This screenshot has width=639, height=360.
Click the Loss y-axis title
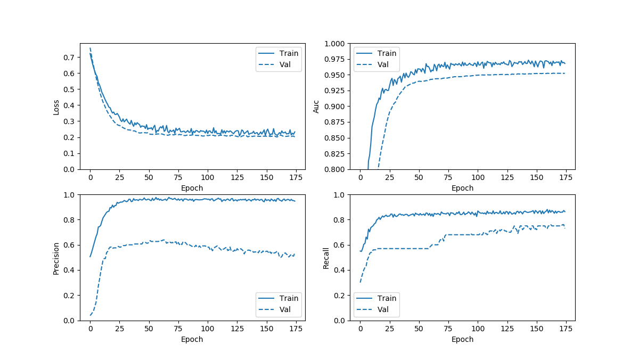[x=56, y=107]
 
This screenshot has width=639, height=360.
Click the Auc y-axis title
[x=316, y=107]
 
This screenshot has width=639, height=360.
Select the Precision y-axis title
[x=56, y=258]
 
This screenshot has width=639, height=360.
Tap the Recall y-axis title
[x=326, y=258]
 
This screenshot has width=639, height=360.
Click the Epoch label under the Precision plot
[x=192, y=339]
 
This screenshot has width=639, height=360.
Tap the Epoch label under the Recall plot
[x=462, y=339]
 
